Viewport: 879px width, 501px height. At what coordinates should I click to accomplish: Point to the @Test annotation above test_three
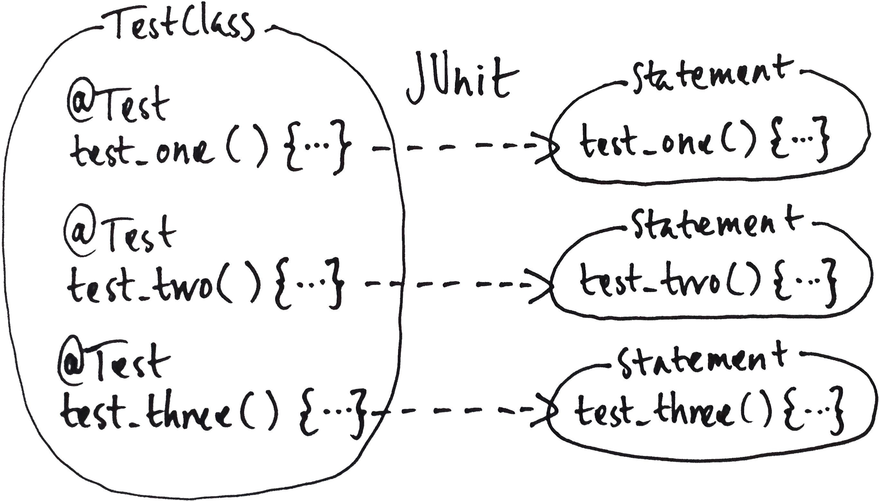click(x=114, y=365)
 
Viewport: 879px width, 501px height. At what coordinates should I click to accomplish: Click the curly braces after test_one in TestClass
click(x=316, y=148)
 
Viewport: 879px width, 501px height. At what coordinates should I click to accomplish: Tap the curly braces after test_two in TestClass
click(x=310, y=284)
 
